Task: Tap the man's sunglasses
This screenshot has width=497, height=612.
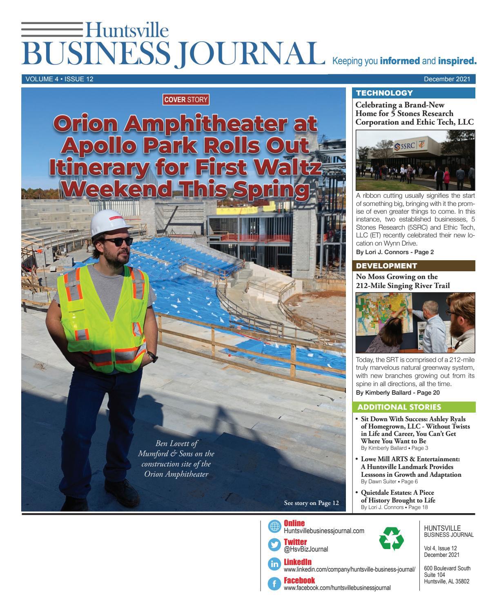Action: point(118,241)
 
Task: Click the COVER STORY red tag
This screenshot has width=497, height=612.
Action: point(186,99)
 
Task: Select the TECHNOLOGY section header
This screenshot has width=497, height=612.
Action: point(384,93)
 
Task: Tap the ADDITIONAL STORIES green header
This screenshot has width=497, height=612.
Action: point(399,407)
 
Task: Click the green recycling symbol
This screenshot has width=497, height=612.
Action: point(391,538)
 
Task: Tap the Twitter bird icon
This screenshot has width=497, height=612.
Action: point(274,545)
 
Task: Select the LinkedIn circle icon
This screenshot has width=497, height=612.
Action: point(274,564)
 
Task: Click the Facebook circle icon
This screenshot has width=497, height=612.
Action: point(274,583)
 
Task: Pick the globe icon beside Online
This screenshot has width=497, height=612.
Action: point(274,527)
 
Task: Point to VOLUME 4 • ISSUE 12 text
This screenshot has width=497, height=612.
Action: point(60,79)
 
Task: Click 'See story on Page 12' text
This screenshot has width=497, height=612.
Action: point(311,503)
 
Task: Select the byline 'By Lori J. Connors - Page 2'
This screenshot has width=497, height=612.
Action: point(395,252)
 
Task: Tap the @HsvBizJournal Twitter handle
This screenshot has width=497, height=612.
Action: point(306,549)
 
